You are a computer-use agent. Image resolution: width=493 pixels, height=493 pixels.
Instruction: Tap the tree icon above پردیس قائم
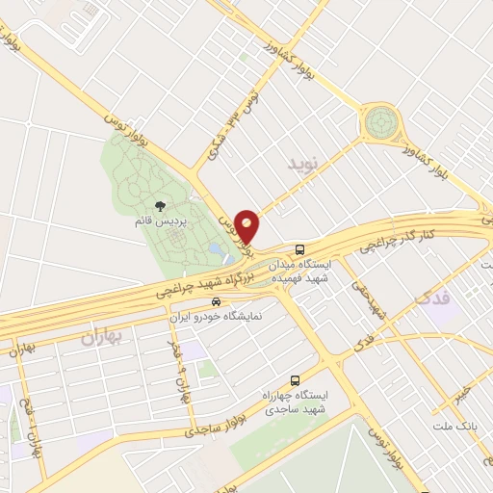pos(159,206)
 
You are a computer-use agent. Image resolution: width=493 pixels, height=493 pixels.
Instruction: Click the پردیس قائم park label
pos(159,221)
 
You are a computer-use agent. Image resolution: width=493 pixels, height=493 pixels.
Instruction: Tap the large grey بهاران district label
pos(103,338)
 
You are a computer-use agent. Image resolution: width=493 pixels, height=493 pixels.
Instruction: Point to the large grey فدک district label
pos(432,298)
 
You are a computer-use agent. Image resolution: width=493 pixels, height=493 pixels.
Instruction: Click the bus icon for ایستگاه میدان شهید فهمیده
pos(300,248)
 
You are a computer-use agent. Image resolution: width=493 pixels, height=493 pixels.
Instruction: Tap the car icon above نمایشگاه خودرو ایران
pos(216,301)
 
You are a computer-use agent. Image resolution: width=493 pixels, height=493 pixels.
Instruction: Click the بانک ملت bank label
pos(464,425)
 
